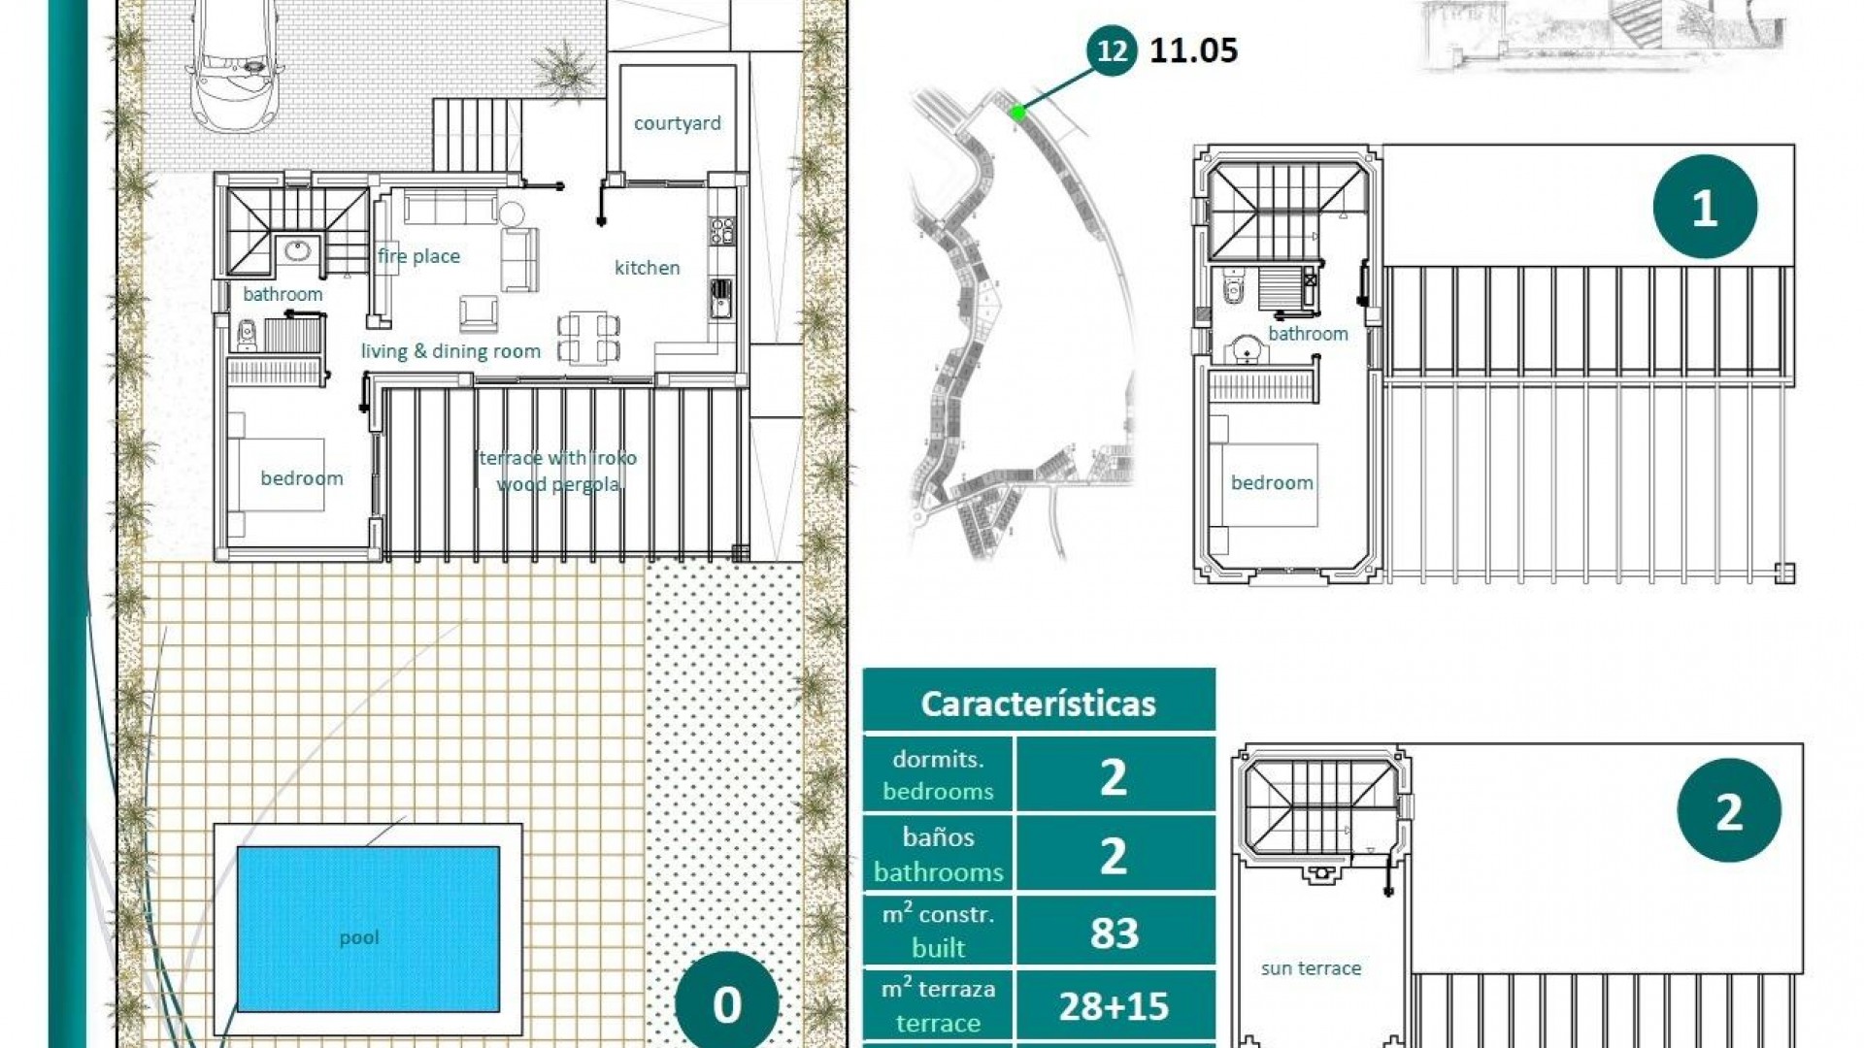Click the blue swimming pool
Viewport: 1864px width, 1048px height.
click(368, 929)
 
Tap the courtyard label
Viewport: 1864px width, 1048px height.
click(677, 123)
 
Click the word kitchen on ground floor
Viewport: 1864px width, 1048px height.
click(647, 268)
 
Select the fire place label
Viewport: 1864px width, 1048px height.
click(418, 256)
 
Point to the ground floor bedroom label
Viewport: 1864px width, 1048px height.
click(301, 477)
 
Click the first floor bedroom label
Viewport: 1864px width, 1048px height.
click(1271, 482)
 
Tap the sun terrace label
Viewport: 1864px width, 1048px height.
click(1311, 967)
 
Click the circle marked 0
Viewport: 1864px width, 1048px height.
click(726, 1004)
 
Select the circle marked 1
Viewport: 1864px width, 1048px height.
click(1705, 207)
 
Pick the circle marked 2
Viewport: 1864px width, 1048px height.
click(1728, 810)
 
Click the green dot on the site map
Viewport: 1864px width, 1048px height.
click(1017, 113)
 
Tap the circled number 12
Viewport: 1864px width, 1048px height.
click(1112, 50)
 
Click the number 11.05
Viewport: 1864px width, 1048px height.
click(1193, 50)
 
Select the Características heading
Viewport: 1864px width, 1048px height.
click(1038, 703)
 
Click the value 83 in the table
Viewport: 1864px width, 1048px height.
click(1114, 933)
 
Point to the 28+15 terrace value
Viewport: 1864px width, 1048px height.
click(1114, 1006)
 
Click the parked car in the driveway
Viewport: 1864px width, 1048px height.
click(235, 63)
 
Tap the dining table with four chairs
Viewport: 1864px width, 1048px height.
click(588, 337)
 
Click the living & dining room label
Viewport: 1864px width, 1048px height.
click(450, 351)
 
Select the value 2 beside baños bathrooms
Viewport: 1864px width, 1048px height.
click(1114, 855)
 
